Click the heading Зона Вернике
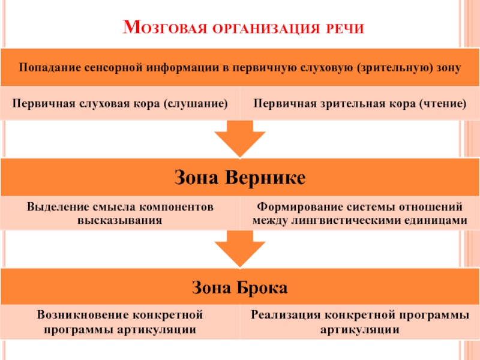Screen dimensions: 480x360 click(x=240, y=178)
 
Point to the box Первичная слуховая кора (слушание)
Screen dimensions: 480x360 click(x=120, y=103)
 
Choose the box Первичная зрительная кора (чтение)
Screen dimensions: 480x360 click(x=360, y=103)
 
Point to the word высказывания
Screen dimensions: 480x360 click(x=120, y=220)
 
